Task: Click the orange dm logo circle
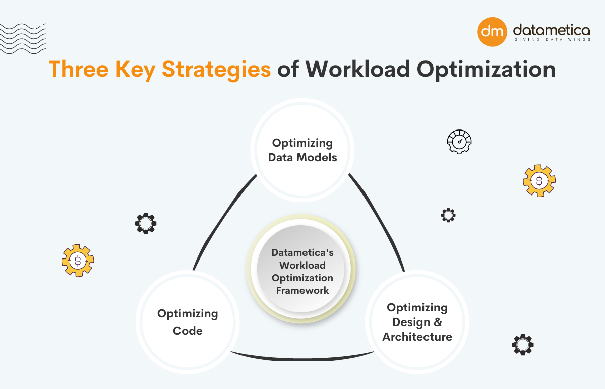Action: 492,32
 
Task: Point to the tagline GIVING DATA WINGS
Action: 553,40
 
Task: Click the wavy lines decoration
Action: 23,39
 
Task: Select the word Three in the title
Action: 79,69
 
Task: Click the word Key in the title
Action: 136,70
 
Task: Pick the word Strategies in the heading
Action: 216,70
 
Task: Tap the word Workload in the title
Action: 357,69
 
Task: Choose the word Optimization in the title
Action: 486,70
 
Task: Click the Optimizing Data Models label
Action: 302,150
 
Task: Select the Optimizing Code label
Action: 188,322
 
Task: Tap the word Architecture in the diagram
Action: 417,337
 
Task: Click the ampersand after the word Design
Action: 437,322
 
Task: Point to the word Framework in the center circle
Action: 302,290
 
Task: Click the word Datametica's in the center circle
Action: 302,252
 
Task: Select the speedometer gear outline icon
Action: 459,142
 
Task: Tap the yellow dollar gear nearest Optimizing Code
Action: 78,261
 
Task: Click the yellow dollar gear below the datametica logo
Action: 539,180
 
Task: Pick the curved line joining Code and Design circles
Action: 302,359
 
